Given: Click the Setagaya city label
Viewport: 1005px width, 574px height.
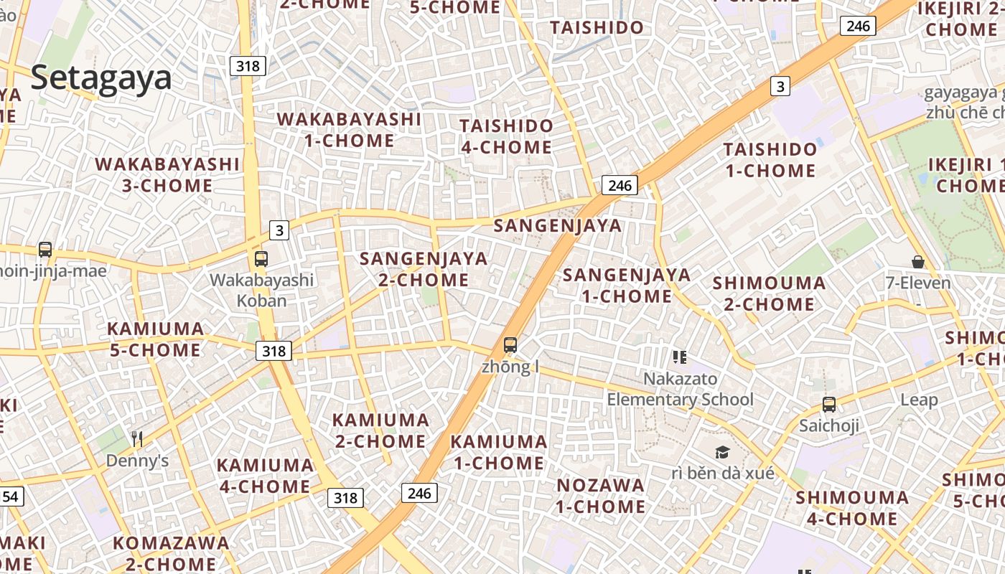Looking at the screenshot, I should point(101,77).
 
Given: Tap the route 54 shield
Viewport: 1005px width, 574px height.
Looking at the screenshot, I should point(10,496).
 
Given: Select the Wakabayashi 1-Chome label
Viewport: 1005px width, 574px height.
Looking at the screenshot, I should point(349,130).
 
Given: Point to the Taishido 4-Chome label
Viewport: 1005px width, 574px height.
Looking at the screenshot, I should point(506,136).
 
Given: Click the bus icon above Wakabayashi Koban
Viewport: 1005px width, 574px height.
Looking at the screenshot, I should point(261,259).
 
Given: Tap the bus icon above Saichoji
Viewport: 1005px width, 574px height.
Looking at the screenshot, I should point(829,405).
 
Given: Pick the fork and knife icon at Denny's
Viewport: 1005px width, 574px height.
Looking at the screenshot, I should point(137,438).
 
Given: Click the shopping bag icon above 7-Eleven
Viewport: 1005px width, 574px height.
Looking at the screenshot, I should point(917,262).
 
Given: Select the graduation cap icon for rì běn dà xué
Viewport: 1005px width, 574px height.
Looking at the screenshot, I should point(722,452).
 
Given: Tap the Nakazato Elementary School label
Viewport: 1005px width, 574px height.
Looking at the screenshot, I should point(681,389).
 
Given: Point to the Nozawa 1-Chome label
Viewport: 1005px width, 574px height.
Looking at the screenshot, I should point(601,496).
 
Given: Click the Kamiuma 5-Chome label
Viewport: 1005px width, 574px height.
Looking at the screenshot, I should point(155,339).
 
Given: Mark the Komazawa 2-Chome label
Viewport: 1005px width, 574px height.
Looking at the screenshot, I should point(171,552).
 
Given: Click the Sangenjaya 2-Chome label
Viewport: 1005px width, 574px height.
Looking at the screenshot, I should point(424,269).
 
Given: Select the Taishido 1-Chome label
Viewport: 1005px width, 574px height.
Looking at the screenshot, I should point(770,160).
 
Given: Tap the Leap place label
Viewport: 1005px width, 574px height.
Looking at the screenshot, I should point(919,400).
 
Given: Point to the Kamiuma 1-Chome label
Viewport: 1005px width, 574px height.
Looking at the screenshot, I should point(499,452).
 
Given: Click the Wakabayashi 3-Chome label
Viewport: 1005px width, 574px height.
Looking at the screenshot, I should point(167,175).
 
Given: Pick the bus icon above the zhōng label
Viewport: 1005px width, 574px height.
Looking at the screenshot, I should point(510,345).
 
